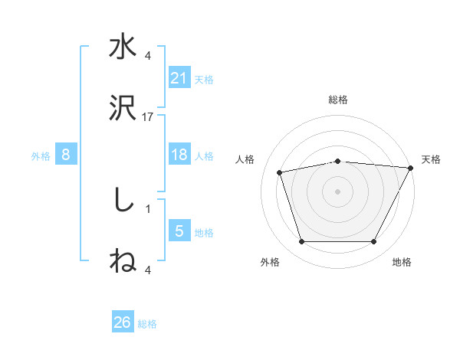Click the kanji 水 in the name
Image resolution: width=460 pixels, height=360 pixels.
pos(123,47)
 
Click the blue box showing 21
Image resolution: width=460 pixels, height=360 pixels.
pos(179,78)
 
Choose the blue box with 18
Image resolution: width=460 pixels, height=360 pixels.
pos(179,155)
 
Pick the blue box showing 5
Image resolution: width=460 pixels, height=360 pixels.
pos(179,231)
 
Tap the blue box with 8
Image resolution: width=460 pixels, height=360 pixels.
pos(66,155)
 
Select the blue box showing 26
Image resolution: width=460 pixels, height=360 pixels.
pos(123,323)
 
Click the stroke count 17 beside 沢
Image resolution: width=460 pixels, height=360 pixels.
pos(148,116)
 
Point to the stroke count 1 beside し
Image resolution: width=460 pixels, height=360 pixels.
pos(148,208)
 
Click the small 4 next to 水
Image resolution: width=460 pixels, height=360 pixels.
pos(148,55)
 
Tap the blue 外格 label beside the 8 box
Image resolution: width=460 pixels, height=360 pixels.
pos(41,155)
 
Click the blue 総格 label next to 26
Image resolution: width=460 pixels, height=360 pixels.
pos(147,324)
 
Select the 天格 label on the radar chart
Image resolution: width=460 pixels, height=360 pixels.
pos(431,159)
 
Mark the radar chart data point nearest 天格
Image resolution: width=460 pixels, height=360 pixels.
pos(411,168)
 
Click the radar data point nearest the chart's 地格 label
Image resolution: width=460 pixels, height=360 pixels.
pos(374,242)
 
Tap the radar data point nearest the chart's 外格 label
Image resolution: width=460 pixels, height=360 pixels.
pos(301,242)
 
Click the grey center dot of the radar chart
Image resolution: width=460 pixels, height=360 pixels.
pos(337,191)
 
